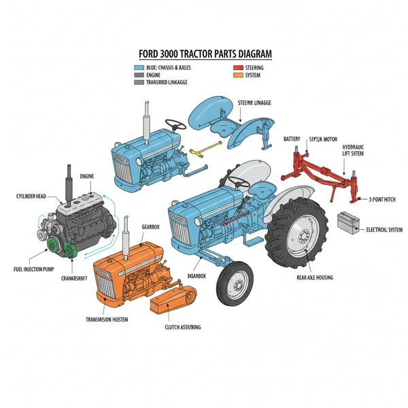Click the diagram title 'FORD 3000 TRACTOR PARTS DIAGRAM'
204,54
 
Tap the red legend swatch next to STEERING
238,68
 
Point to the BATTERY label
292,139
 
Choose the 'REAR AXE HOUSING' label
315,277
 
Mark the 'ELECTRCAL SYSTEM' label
384,230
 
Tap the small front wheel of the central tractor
233,282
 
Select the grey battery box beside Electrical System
347,222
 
